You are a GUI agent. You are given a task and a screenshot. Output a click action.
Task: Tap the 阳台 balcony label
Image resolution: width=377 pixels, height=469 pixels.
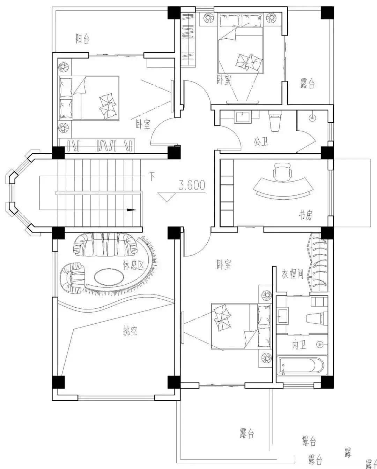click(x=83, y=39)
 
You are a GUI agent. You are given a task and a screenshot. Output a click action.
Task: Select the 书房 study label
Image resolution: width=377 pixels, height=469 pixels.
click(x=306, y=215)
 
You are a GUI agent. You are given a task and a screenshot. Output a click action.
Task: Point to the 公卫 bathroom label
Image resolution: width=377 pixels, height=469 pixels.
click(x=261, y=141)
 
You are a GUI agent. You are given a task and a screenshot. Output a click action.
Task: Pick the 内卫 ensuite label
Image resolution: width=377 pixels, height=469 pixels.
click(x=299, y=345)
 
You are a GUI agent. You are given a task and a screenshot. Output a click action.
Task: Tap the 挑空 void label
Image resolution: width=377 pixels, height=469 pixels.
click(x=130, y=331)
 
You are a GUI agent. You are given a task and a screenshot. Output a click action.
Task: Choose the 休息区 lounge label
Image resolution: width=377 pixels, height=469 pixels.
click(x=134, y=265)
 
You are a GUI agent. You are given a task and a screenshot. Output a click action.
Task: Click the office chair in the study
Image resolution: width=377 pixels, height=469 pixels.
click(x=282, y=172)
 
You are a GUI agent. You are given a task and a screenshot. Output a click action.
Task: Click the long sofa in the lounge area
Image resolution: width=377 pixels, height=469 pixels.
click(x=105, y=244)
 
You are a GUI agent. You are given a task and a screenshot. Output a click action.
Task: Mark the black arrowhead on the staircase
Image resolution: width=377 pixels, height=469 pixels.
click(x=131, y=210)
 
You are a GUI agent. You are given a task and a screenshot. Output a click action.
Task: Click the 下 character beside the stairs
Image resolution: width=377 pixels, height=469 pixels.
click(x=151, y=177)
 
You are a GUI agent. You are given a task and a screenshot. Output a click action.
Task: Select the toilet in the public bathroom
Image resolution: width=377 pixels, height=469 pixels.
click(x=275, y=121)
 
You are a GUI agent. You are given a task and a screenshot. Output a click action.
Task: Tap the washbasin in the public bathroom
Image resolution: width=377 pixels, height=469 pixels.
click(x=243, y=117)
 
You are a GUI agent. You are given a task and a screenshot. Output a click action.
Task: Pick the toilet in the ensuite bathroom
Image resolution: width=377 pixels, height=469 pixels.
click(x=317, y=318)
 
